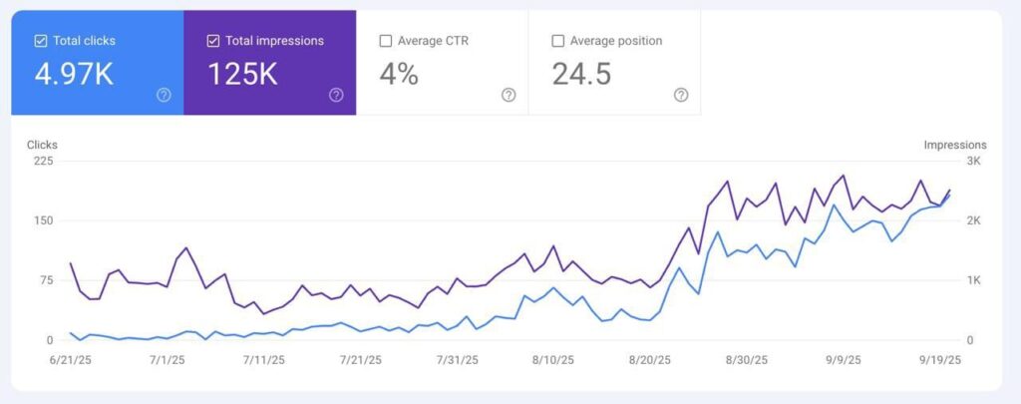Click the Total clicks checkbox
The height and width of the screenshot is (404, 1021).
41,41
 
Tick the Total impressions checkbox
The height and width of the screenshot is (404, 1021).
213,41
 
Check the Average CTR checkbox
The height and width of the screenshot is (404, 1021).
385,41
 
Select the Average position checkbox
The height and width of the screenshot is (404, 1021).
557,41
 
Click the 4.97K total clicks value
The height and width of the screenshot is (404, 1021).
74,75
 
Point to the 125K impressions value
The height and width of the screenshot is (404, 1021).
242,75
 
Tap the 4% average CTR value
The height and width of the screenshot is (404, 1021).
399,75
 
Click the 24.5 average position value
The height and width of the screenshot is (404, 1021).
581,75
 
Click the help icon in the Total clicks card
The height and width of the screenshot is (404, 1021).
164,95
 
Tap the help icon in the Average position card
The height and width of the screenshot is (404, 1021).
681,95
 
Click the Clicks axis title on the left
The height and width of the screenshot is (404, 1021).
42,145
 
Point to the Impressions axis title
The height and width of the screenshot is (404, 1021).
954,145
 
